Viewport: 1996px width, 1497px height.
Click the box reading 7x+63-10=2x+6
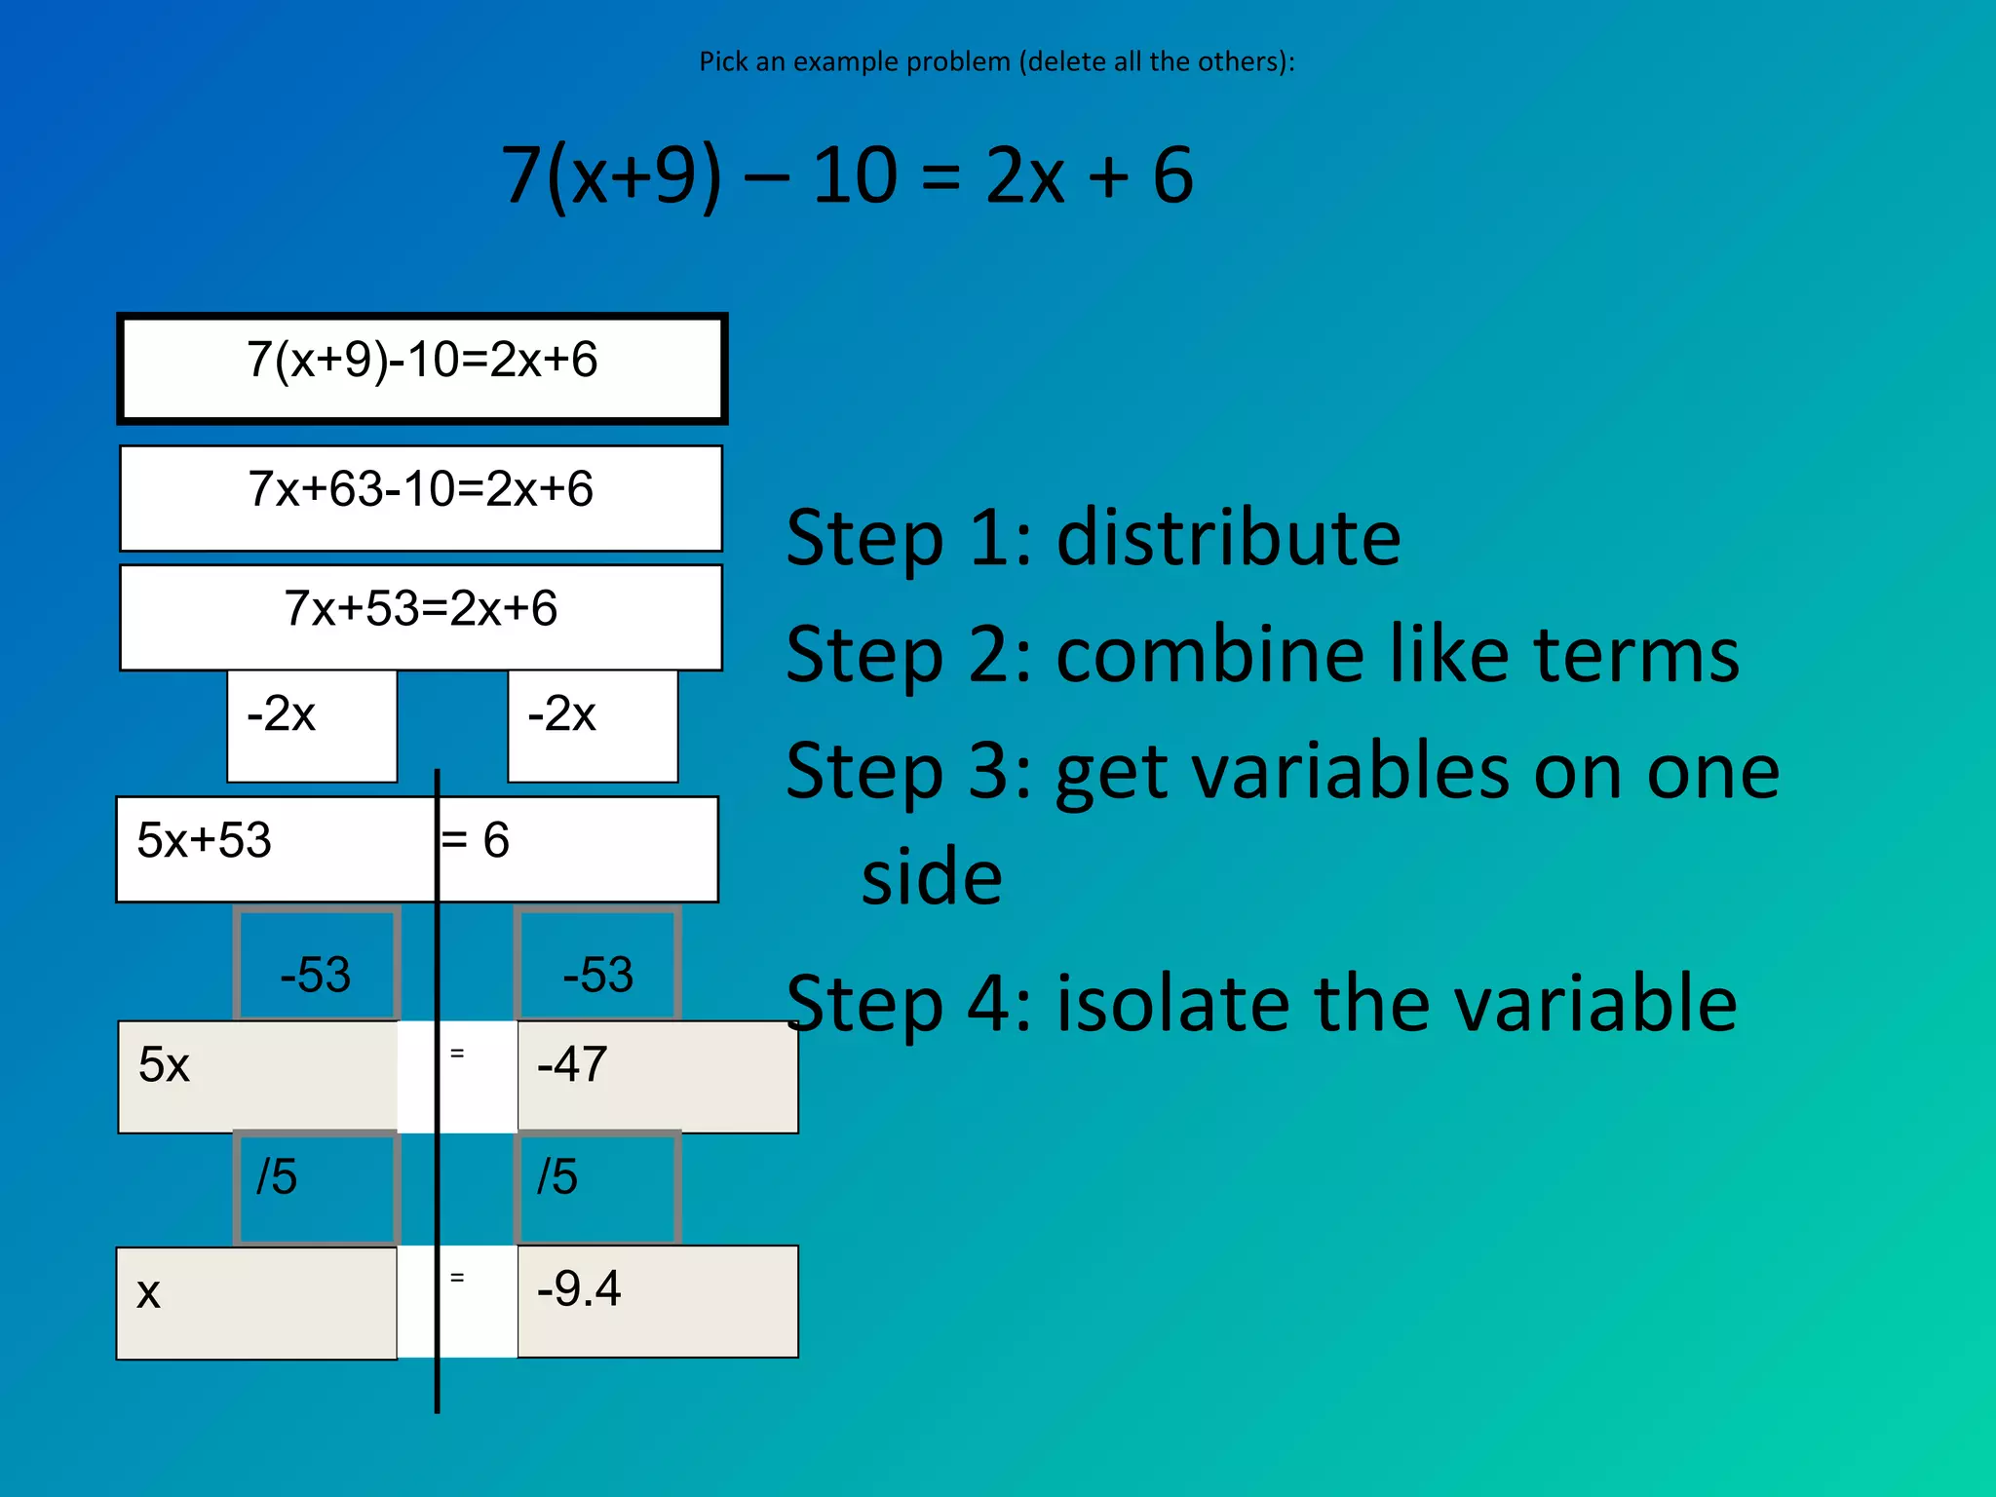421,497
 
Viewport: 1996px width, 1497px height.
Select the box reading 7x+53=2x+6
421,616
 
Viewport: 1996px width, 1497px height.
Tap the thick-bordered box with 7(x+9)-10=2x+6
422,367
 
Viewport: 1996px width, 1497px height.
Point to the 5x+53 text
205,840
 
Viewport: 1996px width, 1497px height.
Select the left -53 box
316,965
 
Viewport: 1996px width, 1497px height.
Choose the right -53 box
597,965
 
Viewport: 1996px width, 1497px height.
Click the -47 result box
657,1076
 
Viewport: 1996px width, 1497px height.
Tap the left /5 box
316,1187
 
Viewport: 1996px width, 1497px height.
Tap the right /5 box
597,1187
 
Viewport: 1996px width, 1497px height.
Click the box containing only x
256,1302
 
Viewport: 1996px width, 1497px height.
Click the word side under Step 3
932,876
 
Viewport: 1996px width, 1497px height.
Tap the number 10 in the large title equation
855,175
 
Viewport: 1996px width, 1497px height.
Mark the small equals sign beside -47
457,1054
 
